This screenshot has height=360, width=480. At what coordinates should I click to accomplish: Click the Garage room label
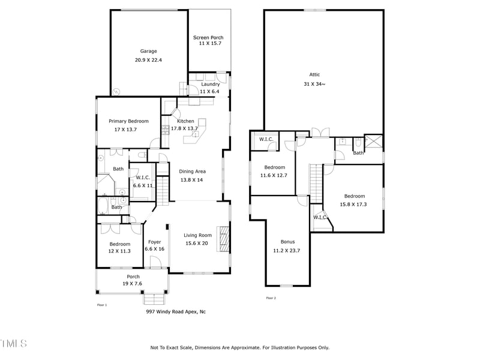pos(149,51)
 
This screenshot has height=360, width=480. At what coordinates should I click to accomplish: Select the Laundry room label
pos(210,84)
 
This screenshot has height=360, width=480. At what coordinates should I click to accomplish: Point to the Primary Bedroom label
pos(128,121)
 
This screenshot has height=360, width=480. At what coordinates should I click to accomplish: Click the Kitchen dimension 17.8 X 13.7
pos(184,128)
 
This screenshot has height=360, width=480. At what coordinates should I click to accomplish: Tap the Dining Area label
pos(192,172)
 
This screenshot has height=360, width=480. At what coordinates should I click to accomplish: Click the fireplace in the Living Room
pos(223,239)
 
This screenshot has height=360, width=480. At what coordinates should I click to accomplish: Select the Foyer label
pos(154,242)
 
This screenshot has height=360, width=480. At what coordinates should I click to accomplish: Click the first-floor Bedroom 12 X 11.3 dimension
pos(119,251)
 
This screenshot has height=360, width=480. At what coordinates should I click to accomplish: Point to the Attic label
pos(314,75)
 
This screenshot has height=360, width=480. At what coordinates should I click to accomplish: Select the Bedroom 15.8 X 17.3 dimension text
pos(355,204)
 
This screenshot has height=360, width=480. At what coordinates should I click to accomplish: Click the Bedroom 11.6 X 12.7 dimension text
pos(273,175)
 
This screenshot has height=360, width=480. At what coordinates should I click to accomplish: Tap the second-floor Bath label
pos(358,153)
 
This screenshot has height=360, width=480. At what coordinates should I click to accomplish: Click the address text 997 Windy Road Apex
pos(176,311)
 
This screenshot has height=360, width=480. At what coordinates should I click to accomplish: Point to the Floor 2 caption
pos(271,298)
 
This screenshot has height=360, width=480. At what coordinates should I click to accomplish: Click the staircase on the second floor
pos(316,184)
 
